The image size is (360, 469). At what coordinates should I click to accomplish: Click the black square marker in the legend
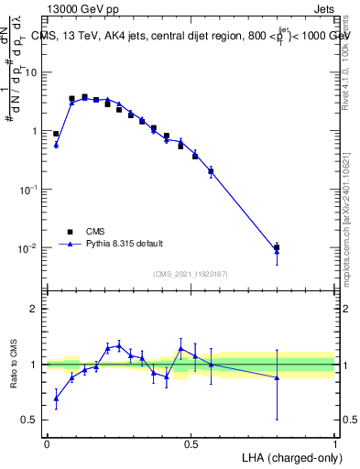pyautogui.click(x=70, y=231)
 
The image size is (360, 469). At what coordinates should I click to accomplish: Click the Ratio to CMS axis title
pyautogui.click(x=15, y=365)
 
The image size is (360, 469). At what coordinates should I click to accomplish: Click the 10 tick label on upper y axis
pyautogui.click(x=31, y=72)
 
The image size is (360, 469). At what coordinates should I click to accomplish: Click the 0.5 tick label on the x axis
pyautogui.click(x=191, y=443)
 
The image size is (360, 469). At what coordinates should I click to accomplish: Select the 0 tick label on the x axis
pyautogui.click(x=47, y=443)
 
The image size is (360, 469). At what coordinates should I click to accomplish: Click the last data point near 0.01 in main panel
pyautogui.click(x=277, y=247)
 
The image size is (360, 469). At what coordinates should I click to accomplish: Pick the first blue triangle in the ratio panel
pyautogui.click(x=56, y=398)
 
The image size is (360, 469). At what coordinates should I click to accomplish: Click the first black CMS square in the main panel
pyautogui.click(x=56, y=134)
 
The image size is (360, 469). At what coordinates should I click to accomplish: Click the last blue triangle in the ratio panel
pyautogui.click(x=277, y=377)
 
